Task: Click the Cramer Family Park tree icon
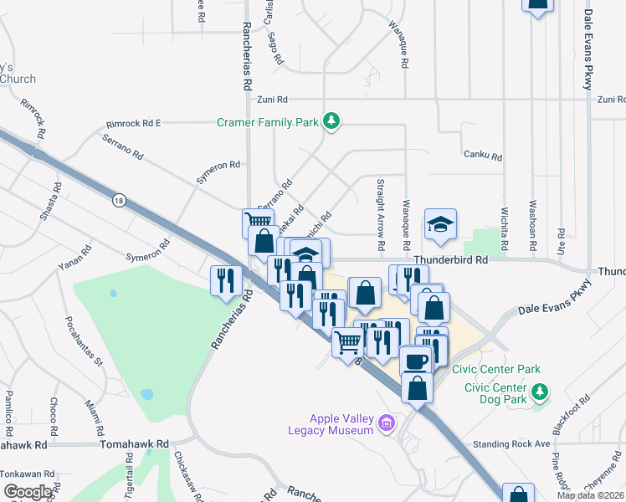[332, 122]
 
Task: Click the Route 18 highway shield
[118, 200]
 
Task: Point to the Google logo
[27, 492]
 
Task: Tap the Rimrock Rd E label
[133, 123]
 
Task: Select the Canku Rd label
[482, 156]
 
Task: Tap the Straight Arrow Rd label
[381, 215]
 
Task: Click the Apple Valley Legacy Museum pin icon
[386, 424]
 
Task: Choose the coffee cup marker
[415, 361]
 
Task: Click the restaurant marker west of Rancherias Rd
[224, 280]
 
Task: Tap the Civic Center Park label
[496, 369]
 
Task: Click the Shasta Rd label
[52, 202]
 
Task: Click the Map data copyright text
[590, 495]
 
